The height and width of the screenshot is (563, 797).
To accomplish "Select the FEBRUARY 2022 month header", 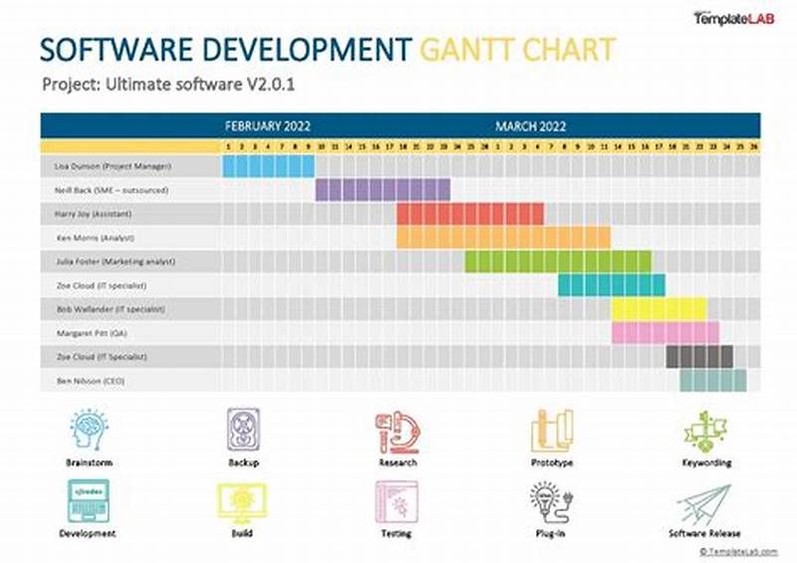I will coord(267,127).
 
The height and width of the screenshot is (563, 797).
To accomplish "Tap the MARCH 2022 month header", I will coord(531,127).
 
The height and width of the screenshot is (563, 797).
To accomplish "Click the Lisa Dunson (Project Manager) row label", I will coord(114,165).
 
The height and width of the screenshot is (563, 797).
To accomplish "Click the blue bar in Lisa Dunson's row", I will coord(268,165).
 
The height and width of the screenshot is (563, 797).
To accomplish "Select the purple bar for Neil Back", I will coord(383,189).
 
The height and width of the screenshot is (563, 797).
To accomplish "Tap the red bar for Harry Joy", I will coord(470,213).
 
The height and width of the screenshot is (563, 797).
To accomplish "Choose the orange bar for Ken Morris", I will coord(503,237).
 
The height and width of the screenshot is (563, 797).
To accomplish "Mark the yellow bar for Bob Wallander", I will coord(659,309).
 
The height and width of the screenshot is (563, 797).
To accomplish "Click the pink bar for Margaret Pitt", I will coord(664,333).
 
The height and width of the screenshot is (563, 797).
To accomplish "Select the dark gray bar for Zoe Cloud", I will coord(699,357).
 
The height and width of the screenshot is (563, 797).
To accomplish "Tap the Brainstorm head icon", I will coord(90,429).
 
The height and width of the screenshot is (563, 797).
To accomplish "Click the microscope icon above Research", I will coord(397,431).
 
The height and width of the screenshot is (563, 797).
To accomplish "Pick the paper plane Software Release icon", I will coord(705,504).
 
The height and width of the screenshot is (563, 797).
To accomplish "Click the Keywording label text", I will coord(707,463).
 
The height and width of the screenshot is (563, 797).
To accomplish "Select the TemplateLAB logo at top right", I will coord(732,17).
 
